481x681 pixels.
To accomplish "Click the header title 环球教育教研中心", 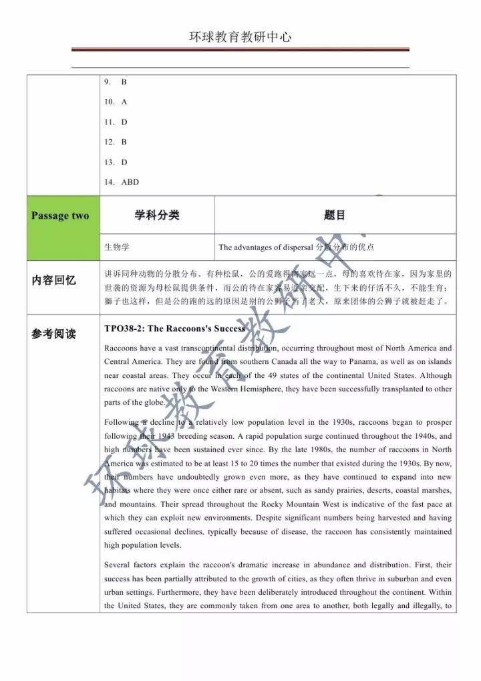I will [x=240, y=37].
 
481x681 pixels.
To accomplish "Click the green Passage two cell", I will [x=60, y=215].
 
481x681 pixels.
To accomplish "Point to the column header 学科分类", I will [x=157, y=215].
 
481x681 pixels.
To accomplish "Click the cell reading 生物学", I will [x=117, y=247].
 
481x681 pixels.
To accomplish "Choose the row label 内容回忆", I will [x=54, y=281].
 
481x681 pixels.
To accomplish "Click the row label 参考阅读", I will [x=54, y=334].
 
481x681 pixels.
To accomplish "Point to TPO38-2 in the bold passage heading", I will [x=124, y=328].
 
